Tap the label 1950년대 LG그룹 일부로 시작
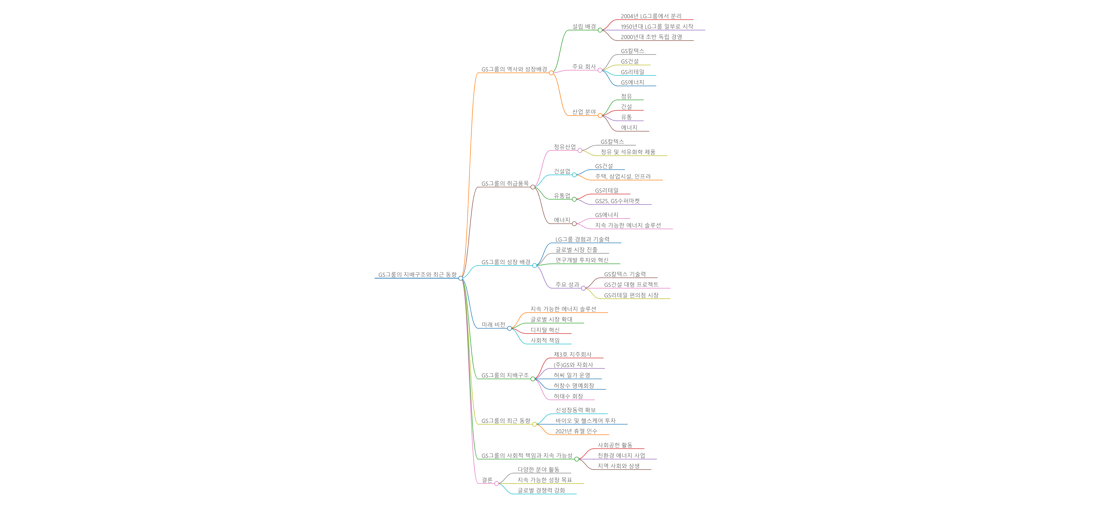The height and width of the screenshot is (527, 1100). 657,27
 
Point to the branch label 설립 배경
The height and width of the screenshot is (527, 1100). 584,27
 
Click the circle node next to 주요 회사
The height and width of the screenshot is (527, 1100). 600,70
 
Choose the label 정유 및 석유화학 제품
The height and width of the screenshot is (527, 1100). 628,152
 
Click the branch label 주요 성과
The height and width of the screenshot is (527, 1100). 567,285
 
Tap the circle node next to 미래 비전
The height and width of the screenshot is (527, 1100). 509,328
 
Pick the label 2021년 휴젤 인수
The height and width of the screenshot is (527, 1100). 576,431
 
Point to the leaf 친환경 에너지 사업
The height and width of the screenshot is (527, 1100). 621,456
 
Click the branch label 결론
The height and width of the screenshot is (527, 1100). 487,480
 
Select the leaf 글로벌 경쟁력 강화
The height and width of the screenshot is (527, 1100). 541,490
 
